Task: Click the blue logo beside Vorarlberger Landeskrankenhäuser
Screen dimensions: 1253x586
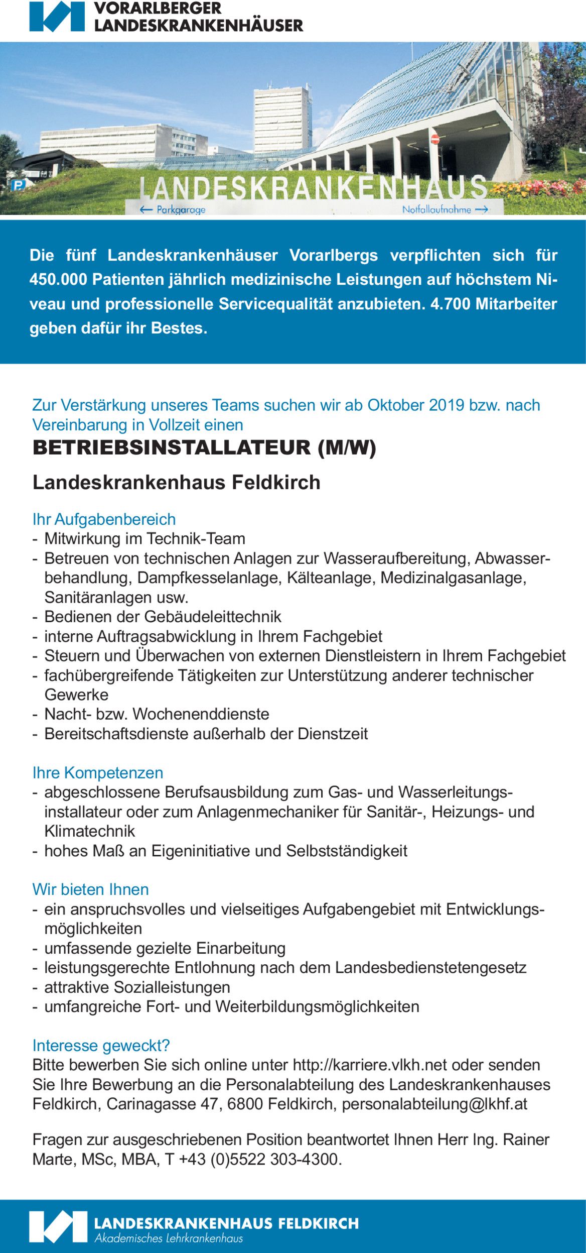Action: [x=57, y=17]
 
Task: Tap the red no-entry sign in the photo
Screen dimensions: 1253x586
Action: [x=435, y=139]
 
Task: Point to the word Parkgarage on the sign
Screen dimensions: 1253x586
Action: [x=181, y=209]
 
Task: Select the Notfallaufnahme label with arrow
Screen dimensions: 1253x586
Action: [x=445, y=209]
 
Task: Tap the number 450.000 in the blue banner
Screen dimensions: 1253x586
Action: [x=58, y=279]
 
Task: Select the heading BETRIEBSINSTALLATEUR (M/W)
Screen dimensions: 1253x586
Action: [x=204, y=447]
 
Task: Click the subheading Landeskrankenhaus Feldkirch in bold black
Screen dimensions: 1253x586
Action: [x=177, y=482]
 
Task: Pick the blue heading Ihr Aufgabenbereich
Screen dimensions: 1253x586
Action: [x=104, y=519]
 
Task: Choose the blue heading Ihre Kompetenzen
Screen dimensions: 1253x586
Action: [x=98, y=772]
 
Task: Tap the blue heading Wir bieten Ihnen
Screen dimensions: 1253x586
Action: [x=91, y=889]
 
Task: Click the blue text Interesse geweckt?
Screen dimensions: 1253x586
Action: [x=101, y=1046]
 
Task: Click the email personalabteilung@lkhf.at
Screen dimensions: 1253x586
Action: [x=434, y=1104]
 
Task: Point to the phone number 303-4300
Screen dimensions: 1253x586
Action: [x=306, y=1159]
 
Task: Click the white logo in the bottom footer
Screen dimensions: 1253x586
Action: [x=58, y=1227]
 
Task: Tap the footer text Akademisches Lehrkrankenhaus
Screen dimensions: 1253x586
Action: [x=169, y=1238]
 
